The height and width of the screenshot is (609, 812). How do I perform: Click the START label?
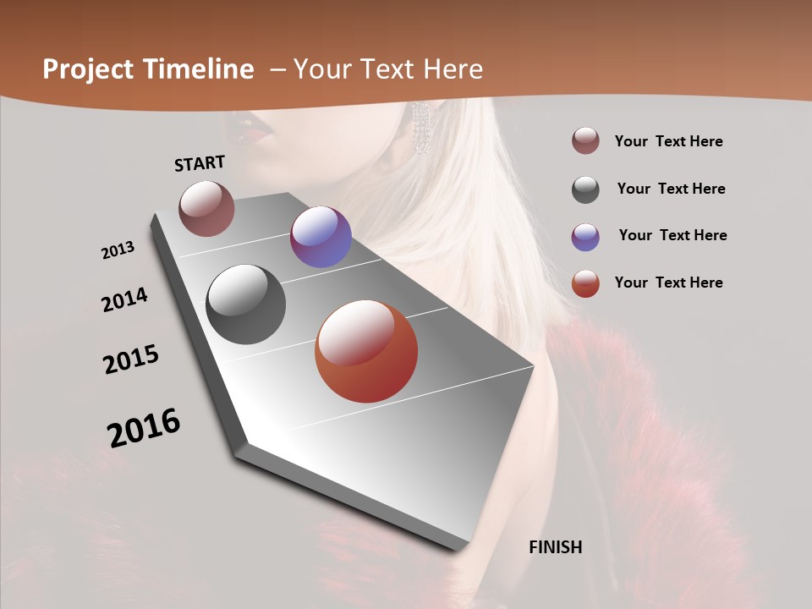click(x=200, y=162)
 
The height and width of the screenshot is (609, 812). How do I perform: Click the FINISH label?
click(x=556, y=547)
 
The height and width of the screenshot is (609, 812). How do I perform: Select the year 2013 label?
click(x=118, y=250)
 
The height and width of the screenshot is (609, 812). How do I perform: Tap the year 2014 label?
click(x=124, y=299)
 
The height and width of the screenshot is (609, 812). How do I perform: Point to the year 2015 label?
click(x=131, y=359)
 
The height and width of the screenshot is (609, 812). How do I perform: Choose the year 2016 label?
click(x=144, y=427)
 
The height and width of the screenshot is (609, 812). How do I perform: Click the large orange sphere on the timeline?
click(x=366, y=351)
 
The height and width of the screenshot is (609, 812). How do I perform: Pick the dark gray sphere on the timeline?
click(x=245, y=304)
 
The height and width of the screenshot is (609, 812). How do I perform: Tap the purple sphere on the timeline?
click(x=321, y=237)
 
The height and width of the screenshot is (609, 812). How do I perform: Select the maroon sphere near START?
click(x=206, y=208)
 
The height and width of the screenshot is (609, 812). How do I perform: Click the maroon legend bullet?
click(x=585, y=141)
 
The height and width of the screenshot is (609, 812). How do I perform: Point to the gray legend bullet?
click(x=585, y=189)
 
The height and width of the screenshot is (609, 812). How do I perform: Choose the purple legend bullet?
click(x=585, y=237)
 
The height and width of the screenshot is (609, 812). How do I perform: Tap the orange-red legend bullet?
click(x=585, y=283)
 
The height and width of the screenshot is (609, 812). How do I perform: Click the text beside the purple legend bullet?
click(x=672, y=235)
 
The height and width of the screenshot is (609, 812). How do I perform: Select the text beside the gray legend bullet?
click(x=671, y=189)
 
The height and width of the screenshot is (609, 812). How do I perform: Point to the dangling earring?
click(x=420, y=128)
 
